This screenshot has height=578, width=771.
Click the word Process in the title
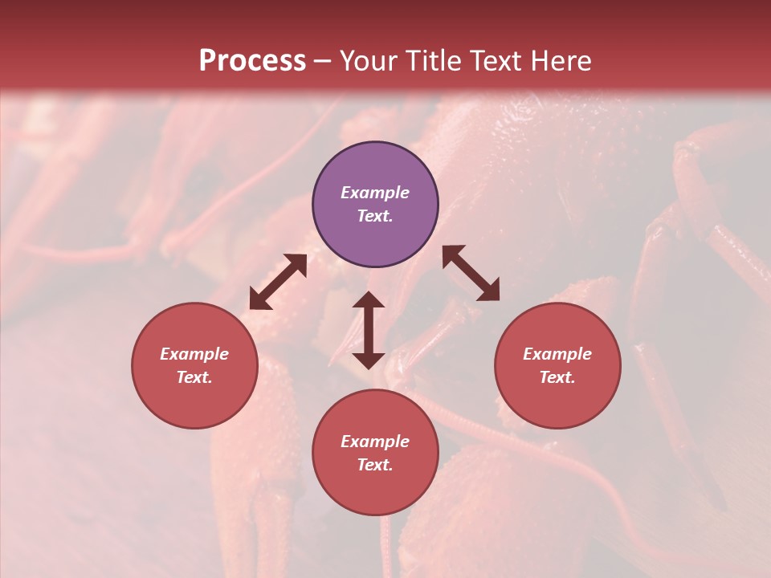252,61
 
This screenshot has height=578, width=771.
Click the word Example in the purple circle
375,193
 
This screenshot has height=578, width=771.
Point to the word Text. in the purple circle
375,216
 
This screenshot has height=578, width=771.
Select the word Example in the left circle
194,354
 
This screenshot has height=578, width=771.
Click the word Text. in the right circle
557,377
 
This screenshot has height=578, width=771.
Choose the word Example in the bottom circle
375,442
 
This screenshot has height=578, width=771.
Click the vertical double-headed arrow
369,330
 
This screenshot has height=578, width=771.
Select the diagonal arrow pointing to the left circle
278,282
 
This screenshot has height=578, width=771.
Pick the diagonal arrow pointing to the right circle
471,273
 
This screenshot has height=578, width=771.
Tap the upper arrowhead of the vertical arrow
369,300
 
